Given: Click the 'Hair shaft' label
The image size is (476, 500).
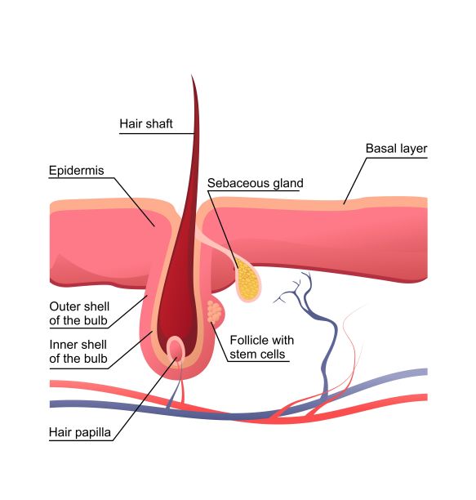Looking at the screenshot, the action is click(x=146, y=123).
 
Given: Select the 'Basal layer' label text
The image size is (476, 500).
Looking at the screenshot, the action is click(x=396, y=149).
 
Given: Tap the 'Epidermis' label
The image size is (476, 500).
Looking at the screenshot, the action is click(x=77, y=171).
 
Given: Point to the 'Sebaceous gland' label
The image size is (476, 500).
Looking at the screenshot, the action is click(x=256, y=183).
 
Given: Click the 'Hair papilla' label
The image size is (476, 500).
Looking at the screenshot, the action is click(x=80, y=432).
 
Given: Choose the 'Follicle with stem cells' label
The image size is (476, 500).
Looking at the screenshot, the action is click(x=261, y=347).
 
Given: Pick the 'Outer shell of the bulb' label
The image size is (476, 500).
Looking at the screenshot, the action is click(x=79, y=314).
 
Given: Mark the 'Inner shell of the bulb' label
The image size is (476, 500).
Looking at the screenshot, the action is click(x=78, y=351).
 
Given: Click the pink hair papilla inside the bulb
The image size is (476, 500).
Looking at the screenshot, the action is click(x=176, y=350).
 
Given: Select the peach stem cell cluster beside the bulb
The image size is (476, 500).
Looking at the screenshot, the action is click(x=214, y=311).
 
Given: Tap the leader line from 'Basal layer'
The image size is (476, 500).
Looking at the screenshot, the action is click(x=355, y=181).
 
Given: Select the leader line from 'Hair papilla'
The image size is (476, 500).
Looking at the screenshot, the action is click(x=145, y=399).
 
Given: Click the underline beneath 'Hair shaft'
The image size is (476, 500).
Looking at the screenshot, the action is click(x=157, y=133).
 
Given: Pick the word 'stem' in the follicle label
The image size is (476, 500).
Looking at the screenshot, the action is click(x=242, y=355).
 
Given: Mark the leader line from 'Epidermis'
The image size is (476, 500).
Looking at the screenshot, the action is click(x=134, y=202).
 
